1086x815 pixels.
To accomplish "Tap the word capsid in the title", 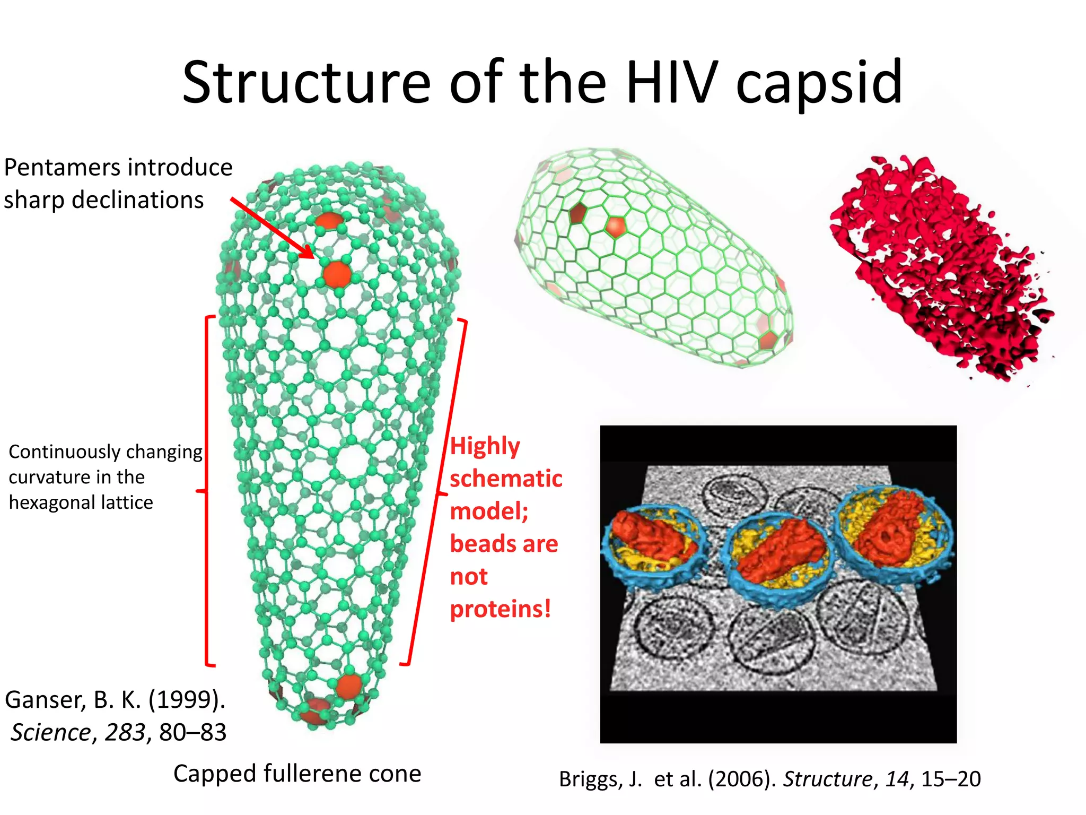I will pos(819,84).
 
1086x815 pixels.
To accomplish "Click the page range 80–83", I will pos(192,733).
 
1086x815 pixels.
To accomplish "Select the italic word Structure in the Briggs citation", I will pos(827,779).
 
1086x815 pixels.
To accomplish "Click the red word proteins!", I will pos(500,609).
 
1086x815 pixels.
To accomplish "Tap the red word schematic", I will pos(506,479).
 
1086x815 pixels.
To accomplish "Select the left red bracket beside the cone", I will pos(206,491).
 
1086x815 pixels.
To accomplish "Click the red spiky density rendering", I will pos(939,268).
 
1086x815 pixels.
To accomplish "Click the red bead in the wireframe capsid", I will pos(616,227).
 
